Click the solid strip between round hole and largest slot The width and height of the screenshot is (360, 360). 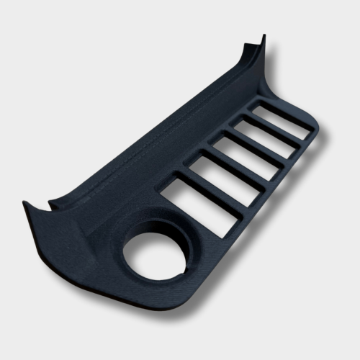(x=180, y=220)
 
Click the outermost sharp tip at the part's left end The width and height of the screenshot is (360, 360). (x=25, y=204)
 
